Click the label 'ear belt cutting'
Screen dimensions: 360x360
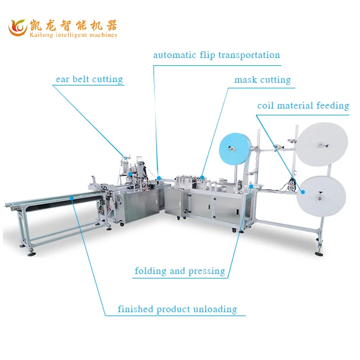[x=89, y=79]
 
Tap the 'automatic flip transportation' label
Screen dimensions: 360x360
[x=217, y=55]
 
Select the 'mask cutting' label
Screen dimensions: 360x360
[x=262, y=80]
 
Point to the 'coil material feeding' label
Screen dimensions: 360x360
[x=303, y=106]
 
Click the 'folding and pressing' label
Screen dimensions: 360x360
[x=179, y=271]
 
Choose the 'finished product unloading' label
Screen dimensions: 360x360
[x=177, y=309]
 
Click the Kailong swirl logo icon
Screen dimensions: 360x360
[x=18, y=27]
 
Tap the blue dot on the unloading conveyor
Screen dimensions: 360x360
[x=73, y=199]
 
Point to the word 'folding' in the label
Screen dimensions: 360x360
[x=151, y=271]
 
